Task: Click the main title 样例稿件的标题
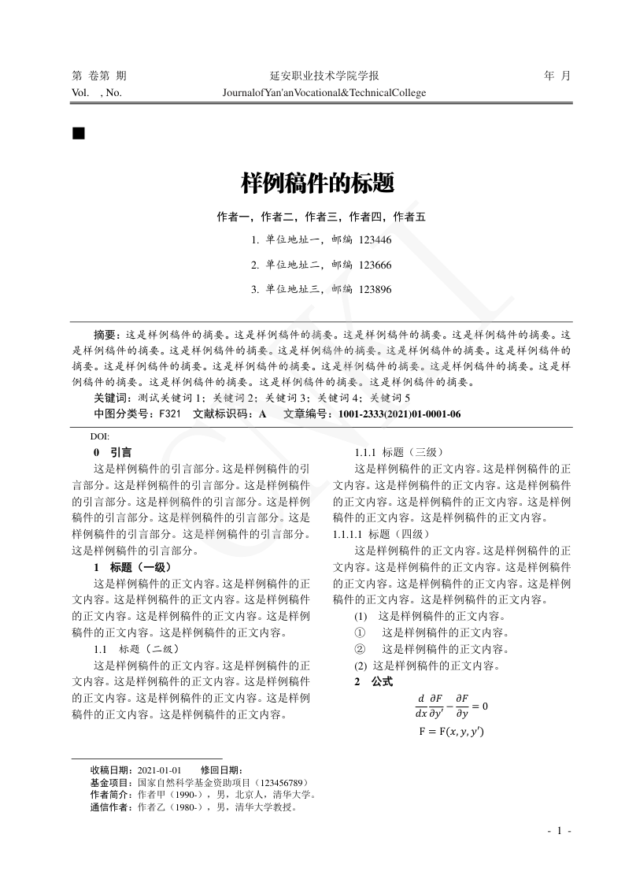click(x=316, y=184)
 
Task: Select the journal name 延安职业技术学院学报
click(x=324, y=76)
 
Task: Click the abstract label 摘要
click(x=105, y=333)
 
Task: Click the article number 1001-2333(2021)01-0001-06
click(x=399, y=414)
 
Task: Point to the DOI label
click(x=100, y=436)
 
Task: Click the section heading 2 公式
click(x=373, y=681)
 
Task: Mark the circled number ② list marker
click(x=361, y=649)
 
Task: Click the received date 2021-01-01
click(x=160, y=770)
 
